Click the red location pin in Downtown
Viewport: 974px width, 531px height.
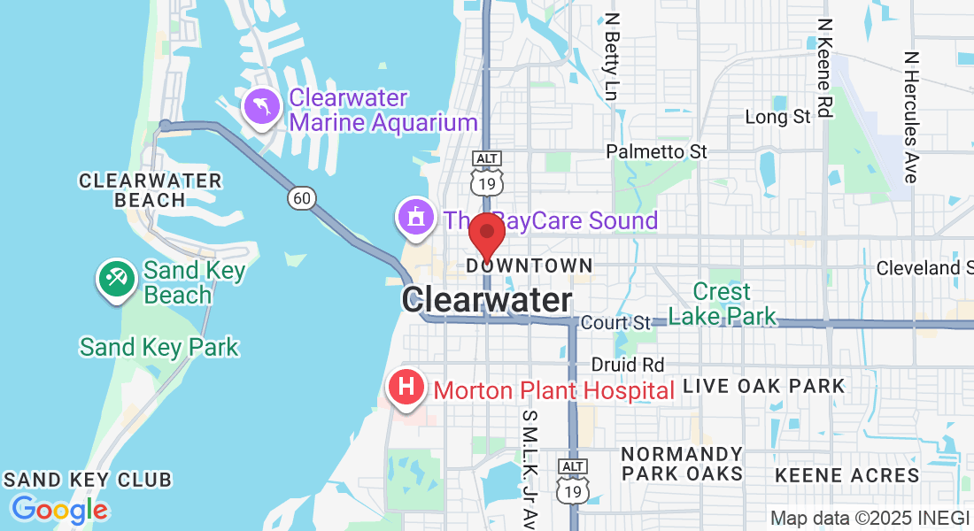pos(486,235)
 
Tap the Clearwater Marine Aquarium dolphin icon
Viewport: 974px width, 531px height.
pos(263,108)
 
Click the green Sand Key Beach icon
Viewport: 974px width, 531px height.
pos(116,279)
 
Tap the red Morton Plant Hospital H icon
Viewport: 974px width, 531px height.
pos(406,389)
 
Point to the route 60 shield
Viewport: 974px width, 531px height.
pos(302,198)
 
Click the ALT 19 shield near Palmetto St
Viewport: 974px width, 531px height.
pos(487,173)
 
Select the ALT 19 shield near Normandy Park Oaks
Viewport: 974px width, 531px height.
pos(573,481)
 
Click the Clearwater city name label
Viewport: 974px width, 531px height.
pos(487,300)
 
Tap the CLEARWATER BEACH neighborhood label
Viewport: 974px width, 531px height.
pos(151,190)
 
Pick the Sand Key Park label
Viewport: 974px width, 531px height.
pos(159,347)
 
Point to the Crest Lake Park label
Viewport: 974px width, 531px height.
pos(723,304)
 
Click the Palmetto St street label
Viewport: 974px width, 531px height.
pos(656,152)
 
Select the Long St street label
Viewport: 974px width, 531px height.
pos(778,117)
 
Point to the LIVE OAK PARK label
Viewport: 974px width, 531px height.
pos(764,386)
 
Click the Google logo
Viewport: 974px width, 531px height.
pos(59,510)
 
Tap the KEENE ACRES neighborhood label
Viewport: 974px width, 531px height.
pos(847,475)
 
